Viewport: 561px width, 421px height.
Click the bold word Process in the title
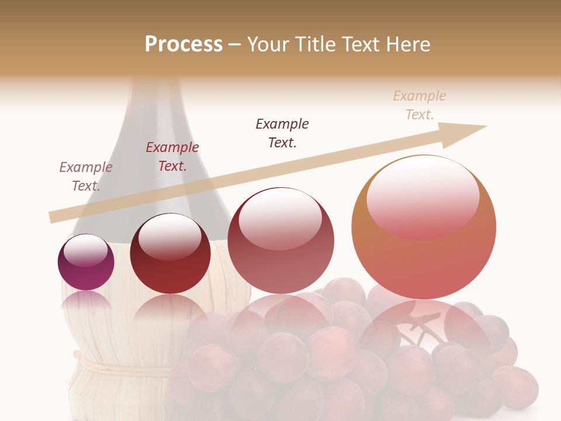183,44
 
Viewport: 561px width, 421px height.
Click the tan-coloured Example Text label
420,105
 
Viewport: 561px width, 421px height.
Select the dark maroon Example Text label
282,133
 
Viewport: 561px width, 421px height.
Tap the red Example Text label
172,156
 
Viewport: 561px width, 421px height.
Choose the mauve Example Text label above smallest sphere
86,176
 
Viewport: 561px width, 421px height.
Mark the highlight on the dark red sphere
169,236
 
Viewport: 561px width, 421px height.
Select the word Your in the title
266,44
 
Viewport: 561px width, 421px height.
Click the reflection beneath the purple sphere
86,301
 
